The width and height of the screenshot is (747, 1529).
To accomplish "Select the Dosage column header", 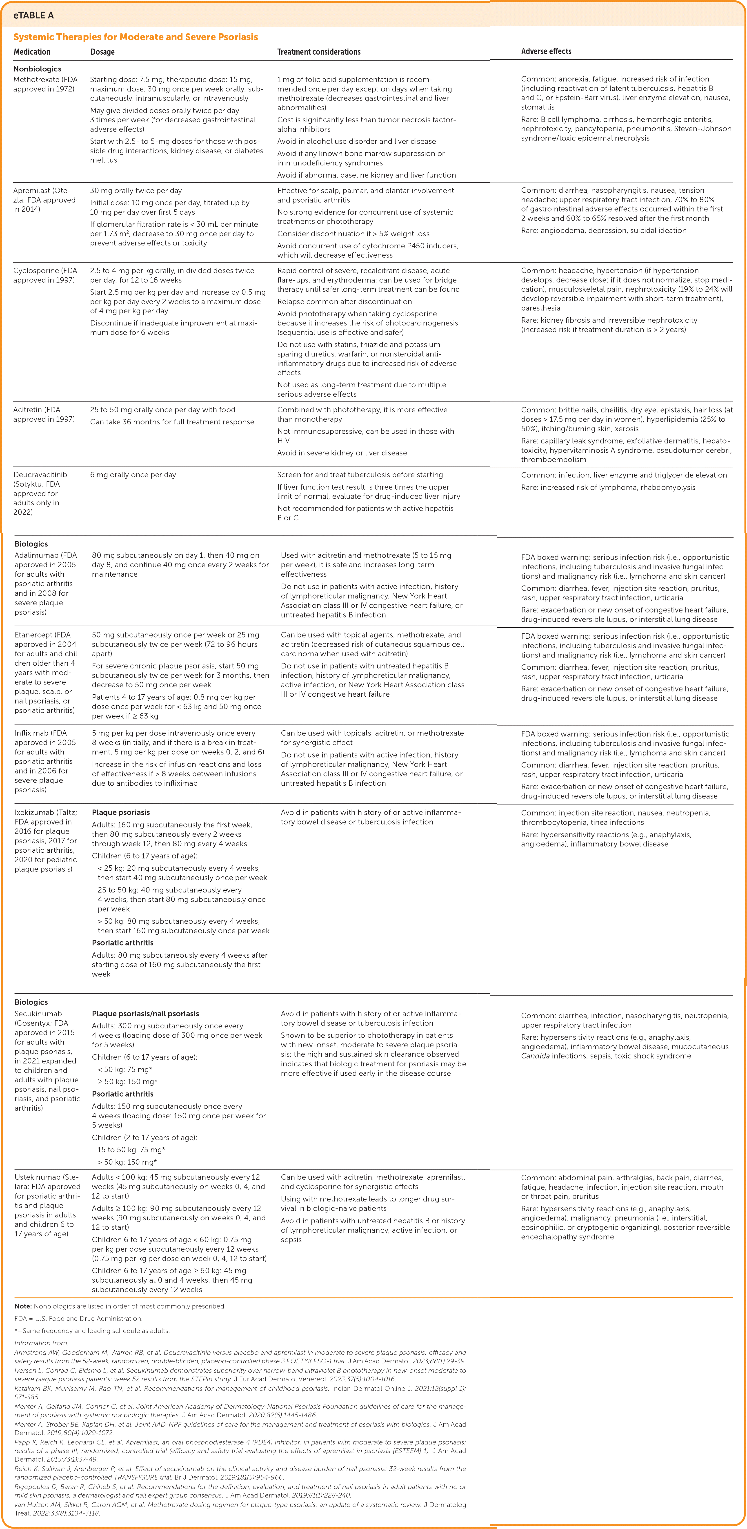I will (103, 52).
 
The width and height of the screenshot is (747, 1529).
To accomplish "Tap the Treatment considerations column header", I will (319, 52).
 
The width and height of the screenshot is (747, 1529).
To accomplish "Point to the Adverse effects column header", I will (546, 52).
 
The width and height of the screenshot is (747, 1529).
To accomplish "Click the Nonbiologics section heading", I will (37, 69).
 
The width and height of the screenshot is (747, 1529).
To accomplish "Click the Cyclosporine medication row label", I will (45, 275).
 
